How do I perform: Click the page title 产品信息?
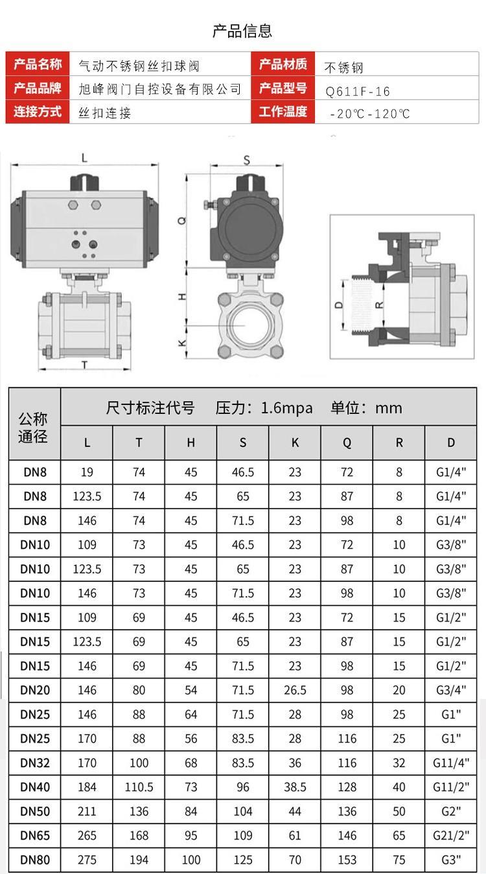242,31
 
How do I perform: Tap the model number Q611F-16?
358,91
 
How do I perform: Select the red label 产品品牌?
38,88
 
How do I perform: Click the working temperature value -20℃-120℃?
369,113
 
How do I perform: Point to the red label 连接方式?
38,111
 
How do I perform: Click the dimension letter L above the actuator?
84,158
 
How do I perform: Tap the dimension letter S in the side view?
247,160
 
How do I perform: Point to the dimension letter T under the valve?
84,365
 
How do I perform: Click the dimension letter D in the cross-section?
339,305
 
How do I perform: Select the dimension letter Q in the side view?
182,221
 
